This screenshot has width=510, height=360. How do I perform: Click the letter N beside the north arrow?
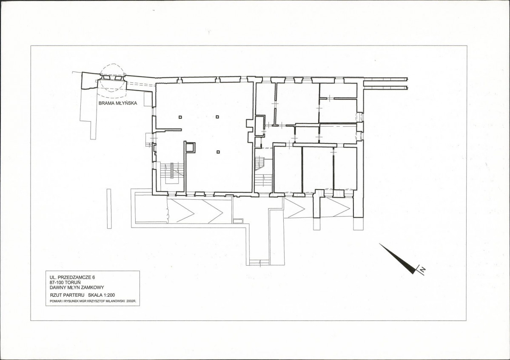click(x=422, y=269)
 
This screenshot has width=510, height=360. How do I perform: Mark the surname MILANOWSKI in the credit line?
click(x=116, y=301)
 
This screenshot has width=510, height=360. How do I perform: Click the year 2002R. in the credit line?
click(x=131, y=301)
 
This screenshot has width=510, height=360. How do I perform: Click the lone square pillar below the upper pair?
click(x=218, y=151)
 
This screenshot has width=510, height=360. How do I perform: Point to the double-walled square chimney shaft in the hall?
click(x=190, y=147)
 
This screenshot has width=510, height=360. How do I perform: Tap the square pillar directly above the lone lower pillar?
click(x=218, y=117)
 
